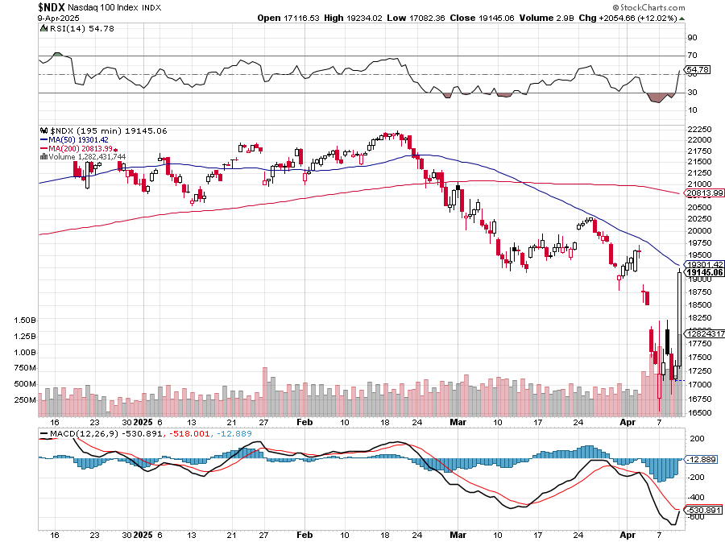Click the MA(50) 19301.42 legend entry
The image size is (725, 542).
pos(79,139)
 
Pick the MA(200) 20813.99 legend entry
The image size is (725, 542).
pos(81,148)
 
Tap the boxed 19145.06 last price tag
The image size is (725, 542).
pos(703,272)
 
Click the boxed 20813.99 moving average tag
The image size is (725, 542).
pos(703,193)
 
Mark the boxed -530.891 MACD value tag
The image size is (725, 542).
pos(702,510)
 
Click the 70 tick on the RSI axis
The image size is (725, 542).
pos(692,56)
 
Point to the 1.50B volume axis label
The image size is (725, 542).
pos(25,320)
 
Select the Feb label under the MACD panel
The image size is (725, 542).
pos(304,535)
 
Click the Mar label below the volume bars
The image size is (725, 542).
pos(458,421)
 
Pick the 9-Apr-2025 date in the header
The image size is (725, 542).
pos(59,17)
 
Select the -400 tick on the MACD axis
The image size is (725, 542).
pos(695,498)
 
